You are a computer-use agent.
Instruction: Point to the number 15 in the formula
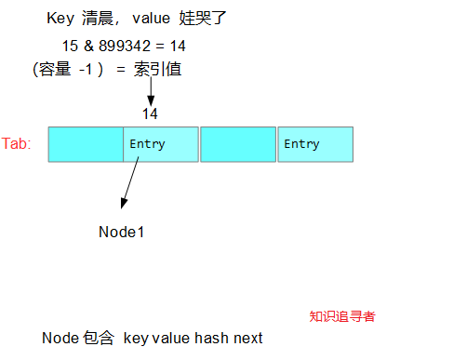[x=70, y=46]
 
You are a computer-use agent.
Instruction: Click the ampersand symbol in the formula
[x=89, y=46]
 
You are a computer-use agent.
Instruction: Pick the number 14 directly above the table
[x=150, y=113]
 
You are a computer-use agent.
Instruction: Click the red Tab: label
[x=17, y=144]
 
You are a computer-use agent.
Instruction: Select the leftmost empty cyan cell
[x=86, y=144]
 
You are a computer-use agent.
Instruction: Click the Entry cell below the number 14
[x=161, y=144]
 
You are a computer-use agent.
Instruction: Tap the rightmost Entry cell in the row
[x=314, y=144]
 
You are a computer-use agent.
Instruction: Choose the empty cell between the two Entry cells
[x=238, y=144]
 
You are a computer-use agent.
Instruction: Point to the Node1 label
[x=121, y=232]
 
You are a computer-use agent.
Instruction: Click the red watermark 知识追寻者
[x=342, y=316]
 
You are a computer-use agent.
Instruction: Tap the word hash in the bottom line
[x=211, y=339]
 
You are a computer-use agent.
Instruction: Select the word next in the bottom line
[x=247, y=339]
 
